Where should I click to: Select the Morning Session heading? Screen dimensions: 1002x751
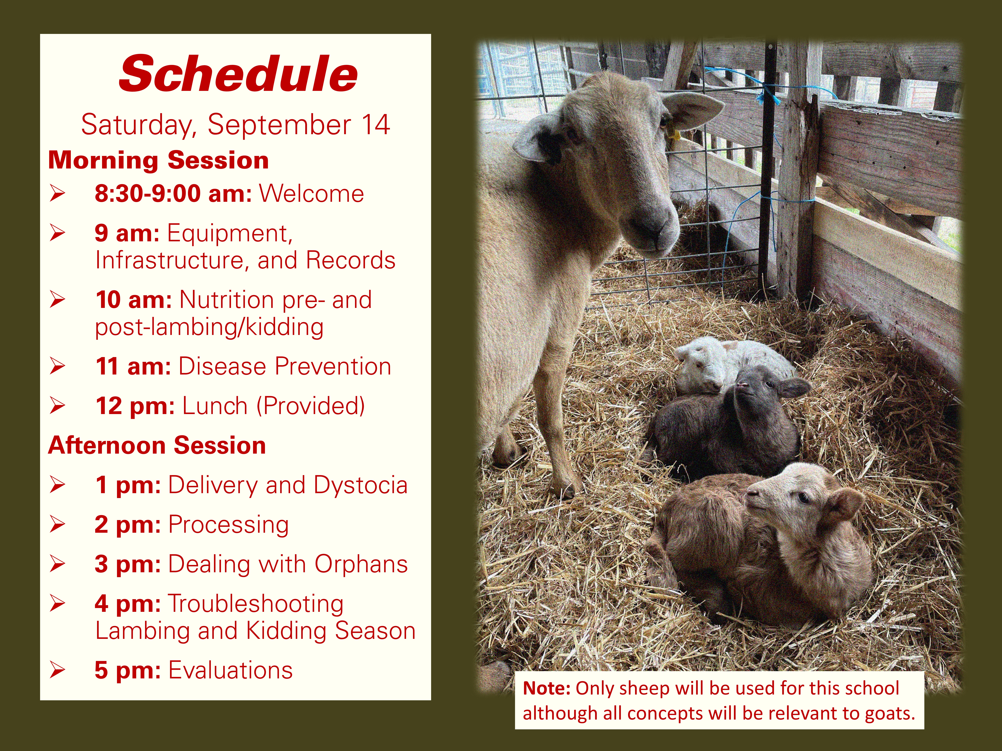[x=159, y=160]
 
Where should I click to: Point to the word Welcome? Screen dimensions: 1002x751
[x=311, y=194]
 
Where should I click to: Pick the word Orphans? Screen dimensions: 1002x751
[x=361, y=565]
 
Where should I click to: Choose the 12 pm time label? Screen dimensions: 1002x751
[x=135, y=406]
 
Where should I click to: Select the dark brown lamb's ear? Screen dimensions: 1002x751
[x=794, y=388]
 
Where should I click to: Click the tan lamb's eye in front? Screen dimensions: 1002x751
[x=803, y=498]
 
